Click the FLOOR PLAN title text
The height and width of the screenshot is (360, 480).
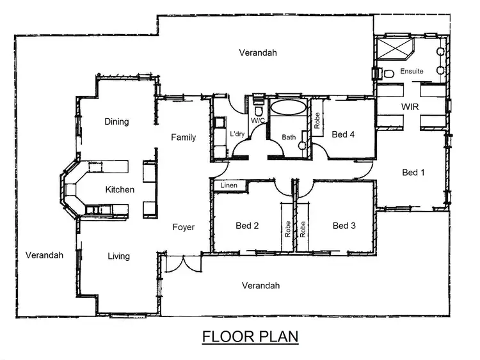click(x=250, y=336)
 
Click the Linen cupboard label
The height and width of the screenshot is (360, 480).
click(x=228, y=185)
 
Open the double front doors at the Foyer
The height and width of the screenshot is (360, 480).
click(x=181, y=263)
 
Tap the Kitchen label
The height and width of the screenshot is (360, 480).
click(x=120, y=189)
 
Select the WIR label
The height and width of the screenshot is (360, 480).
click(x=410, y=107)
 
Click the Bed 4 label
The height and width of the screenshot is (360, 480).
click(x=344, y=134)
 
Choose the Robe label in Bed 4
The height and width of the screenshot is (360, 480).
click(x=317, y=121)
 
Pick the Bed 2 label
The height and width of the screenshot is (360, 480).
click(x=247, y=226)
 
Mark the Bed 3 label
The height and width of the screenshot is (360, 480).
click(x=344, y=226)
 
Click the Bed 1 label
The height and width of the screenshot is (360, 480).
click(x=413, y=172)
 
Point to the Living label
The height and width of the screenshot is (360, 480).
click(x=118, y=256)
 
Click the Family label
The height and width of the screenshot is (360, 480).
click(x=183, y=137)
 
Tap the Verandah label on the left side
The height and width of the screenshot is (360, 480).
click(x=44, y=255)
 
